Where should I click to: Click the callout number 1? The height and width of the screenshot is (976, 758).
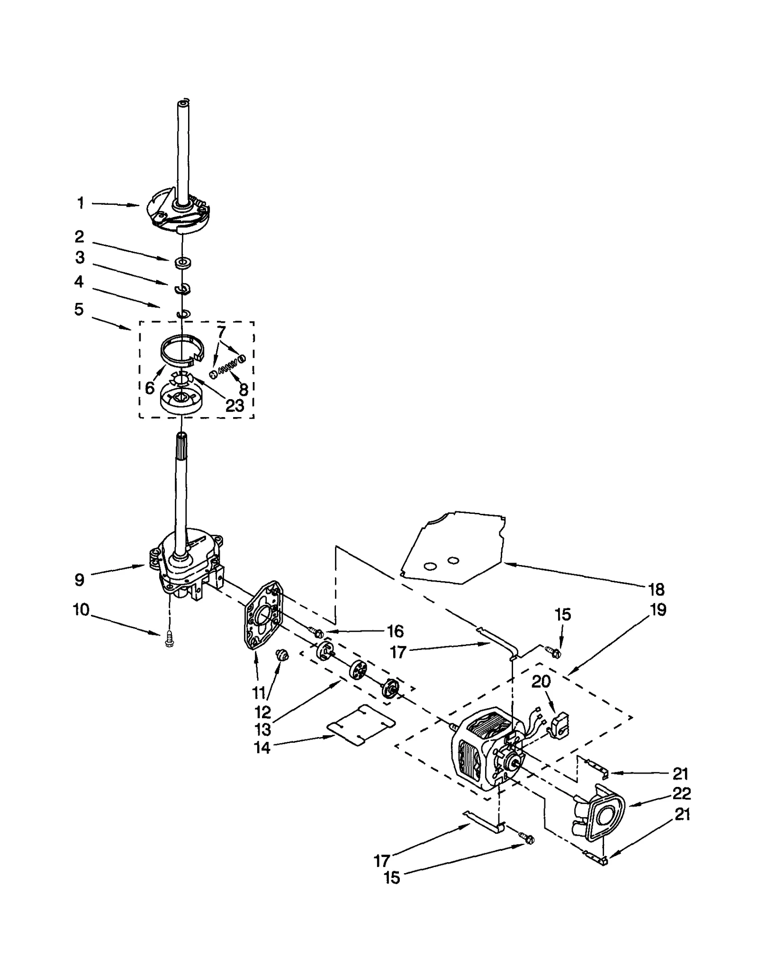click(x=81, y=203)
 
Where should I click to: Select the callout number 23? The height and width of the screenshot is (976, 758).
click(x=235, y=405)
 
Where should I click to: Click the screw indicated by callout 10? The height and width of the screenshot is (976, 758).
click(x=168, y=642)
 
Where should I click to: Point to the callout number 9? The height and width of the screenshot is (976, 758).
click(x=80, y=579)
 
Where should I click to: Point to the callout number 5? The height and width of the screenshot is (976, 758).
click(x=79, y=310)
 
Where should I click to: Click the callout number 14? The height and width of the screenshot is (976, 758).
click(x=262, y=748)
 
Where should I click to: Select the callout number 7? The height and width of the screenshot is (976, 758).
click(x=222, y=330)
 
